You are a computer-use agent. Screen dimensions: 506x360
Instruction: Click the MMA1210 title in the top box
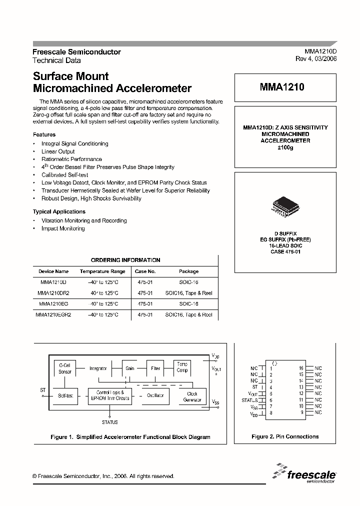point(282,86)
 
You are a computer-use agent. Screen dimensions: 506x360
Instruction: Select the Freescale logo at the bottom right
point(305,474)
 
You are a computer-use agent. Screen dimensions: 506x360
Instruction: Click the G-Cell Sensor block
point(65,368)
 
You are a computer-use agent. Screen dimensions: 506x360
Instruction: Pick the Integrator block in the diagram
point(98,368)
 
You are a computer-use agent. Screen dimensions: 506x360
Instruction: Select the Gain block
point(130,368)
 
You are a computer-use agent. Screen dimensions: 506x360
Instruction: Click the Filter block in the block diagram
point(156,368)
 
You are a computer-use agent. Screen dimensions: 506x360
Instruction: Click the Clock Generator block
point(192,396)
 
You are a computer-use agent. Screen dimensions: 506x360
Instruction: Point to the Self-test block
point(65,395)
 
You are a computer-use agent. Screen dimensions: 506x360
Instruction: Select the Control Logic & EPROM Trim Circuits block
point(110,395)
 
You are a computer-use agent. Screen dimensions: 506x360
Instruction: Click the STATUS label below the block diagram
point(110,422)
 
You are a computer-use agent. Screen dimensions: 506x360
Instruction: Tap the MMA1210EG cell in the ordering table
point(53,304)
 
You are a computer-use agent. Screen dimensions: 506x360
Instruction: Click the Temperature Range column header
point(102,271)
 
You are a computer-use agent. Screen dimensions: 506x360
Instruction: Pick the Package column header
point(188,271)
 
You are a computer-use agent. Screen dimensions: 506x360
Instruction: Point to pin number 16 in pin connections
point(301,368)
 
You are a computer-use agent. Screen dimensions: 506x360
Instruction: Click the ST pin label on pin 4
point(255,387)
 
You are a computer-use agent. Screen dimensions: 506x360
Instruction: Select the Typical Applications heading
point(59,211)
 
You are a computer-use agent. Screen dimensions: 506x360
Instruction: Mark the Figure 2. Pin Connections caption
point(285,436)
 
